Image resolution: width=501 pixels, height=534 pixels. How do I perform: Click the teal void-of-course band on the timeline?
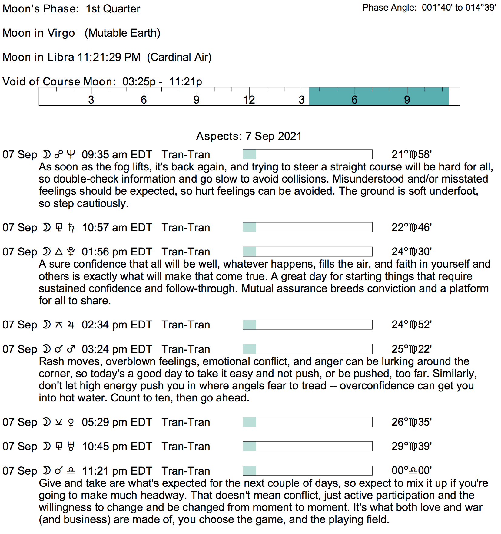click(379, 97)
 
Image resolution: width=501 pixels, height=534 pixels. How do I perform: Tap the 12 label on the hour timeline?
click(249, 100)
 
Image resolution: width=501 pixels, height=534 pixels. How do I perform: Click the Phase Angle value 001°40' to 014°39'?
click(459, 8)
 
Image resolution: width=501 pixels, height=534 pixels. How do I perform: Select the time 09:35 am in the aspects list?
click(101, 155)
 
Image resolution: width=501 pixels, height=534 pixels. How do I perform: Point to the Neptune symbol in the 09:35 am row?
click(71, 155)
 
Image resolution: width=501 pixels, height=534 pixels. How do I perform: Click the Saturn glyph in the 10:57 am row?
click(71, 228)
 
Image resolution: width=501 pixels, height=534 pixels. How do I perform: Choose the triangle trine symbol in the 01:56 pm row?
click(59, 252)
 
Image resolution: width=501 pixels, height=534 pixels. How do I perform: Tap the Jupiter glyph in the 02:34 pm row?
click(71, 325)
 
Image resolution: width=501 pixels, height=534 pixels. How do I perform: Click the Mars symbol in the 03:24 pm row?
click(71, 349)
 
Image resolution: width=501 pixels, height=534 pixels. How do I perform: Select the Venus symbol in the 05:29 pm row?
click(71, 422)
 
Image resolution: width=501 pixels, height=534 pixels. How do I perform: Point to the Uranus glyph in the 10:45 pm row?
click(71, 447)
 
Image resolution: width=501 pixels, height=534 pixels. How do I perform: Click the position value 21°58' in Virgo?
click(411, 155)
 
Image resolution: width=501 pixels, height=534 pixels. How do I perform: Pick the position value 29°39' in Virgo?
click(411, 446)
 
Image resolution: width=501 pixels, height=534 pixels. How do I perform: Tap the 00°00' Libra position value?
click(411, 470)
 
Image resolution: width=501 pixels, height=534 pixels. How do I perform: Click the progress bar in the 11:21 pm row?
click(307, 470)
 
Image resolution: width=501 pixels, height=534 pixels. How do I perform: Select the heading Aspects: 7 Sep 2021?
click(249, 136)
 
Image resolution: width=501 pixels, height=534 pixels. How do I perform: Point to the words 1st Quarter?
click(113, 9)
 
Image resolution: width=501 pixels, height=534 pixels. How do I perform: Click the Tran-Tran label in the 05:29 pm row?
click(186, 422)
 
